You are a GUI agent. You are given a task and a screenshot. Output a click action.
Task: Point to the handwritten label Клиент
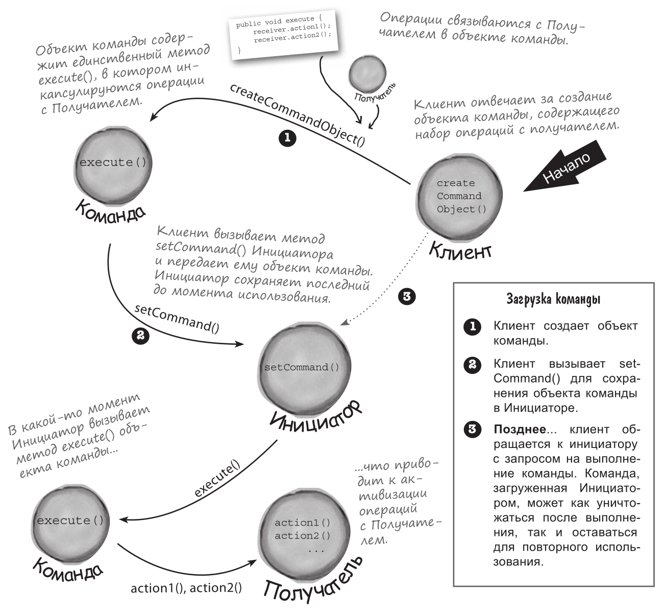tap(460, 250)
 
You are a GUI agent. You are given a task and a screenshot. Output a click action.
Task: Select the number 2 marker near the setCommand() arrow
tap(140, 335)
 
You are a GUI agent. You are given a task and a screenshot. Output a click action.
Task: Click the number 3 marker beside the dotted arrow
tap(406, 297)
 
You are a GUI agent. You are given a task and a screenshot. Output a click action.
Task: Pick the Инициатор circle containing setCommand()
tap(301, 367)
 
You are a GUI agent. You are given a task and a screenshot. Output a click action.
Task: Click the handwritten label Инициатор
tap(315, 414)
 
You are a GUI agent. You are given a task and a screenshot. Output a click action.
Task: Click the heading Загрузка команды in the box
tap(553, 299)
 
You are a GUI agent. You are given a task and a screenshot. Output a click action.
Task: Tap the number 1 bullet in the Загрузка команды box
tap(472, 326)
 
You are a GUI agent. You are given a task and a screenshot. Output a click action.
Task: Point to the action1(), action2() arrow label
tap(186, 588)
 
